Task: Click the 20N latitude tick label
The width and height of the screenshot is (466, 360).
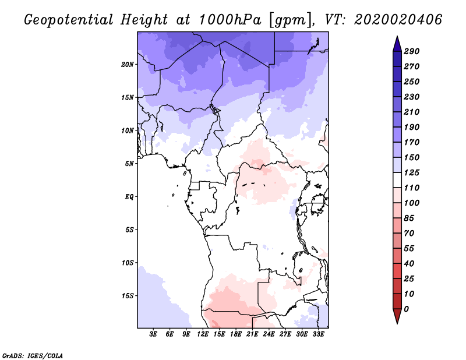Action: point(128,64)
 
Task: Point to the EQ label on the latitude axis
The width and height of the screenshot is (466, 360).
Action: point(129,197)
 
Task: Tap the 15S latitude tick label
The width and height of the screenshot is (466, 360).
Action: point(128,296)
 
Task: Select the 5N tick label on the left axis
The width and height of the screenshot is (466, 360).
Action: point(129,164)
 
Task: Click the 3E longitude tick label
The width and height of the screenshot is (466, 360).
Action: point(154,334)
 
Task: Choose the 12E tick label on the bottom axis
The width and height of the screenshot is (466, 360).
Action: point(203,334)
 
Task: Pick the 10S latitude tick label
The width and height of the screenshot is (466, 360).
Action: point(128,263)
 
